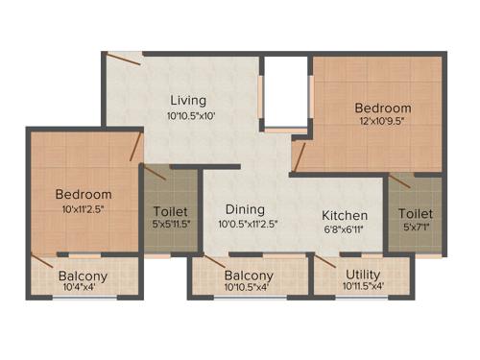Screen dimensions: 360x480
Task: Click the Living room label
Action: pyautogui.click(x=187, y=100)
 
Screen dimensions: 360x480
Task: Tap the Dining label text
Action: pyautogui.click(x=245, y=210)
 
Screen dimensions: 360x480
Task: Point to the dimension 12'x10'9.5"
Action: pyautogui.click(x=383, y=124)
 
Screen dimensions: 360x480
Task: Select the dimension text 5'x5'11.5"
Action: pyautogui.click(x=171, y=227)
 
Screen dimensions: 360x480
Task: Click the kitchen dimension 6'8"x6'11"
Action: pyautogui.click(x=345, y=229)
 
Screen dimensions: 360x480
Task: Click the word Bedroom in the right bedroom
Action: pyautogui.click(x=382, y=108)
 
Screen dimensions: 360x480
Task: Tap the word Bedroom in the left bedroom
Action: pyautogui.click(x=84, y=195)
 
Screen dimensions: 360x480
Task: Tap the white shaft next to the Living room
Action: pyautogui.click(x=284, y=91)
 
